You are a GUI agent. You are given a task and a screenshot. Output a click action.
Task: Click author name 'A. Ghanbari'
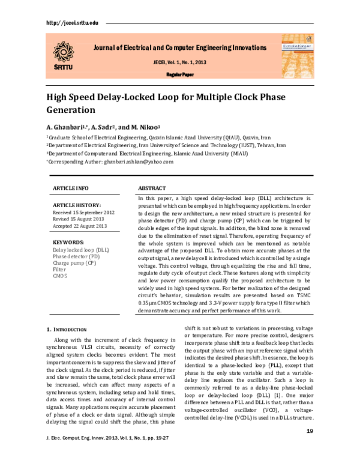(x=65, y=127)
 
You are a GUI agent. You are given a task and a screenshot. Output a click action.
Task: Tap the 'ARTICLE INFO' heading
(x=71, y=187)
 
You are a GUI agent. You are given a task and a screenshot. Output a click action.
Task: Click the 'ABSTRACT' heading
(x=152, y=187)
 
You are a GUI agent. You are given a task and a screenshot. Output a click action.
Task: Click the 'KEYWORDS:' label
(x=68, y=242)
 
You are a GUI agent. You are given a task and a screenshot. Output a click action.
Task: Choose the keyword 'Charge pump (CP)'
(x=74, y=262)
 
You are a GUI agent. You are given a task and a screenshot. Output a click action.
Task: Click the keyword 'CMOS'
(x=61, y=276)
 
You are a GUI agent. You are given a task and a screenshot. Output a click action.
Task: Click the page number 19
(x=310, y=447)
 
